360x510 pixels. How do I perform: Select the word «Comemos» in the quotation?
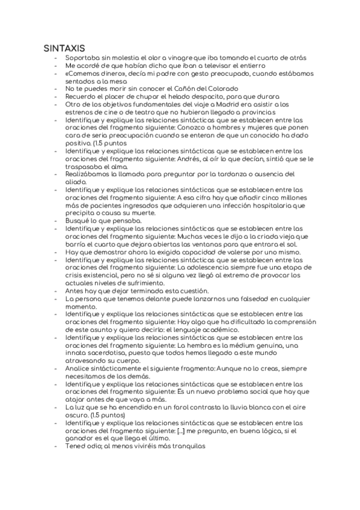point(84,73)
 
